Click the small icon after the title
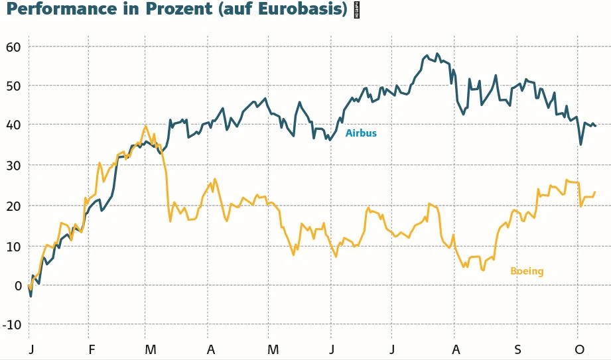point(356,10)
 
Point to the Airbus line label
point(361,133)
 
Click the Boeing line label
point(527,271)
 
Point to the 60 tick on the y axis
point(14,46)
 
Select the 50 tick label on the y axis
point(14,86)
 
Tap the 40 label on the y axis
point(14,125)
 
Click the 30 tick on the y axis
point(14,164)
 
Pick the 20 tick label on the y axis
point(14,206)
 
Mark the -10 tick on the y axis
point(12,324)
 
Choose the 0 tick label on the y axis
point(19,285)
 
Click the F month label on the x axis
point(92,349)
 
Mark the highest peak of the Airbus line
point(437,54)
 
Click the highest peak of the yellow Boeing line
point(145,126)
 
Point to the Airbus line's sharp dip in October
point(580,145)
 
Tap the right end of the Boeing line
point(595,192)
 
